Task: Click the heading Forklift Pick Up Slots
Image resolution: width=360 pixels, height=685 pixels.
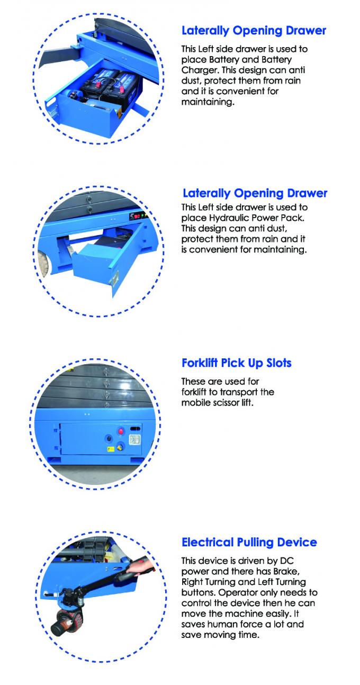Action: (x=237, y=363)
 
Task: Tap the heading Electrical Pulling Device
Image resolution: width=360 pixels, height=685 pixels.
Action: (x=249, y=542)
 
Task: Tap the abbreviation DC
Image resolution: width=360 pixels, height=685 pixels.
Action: (x=286, y=561)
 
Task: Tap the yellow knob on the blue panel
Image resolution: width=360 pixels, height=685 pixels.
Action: (x=120, y=448)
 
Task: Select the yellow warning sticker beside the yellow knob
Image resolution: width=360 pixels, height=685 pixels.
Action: (x=110, y=449)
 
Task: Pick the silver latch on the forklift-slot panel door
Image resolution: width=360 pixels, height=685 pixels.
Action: (x=135, y=439)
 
